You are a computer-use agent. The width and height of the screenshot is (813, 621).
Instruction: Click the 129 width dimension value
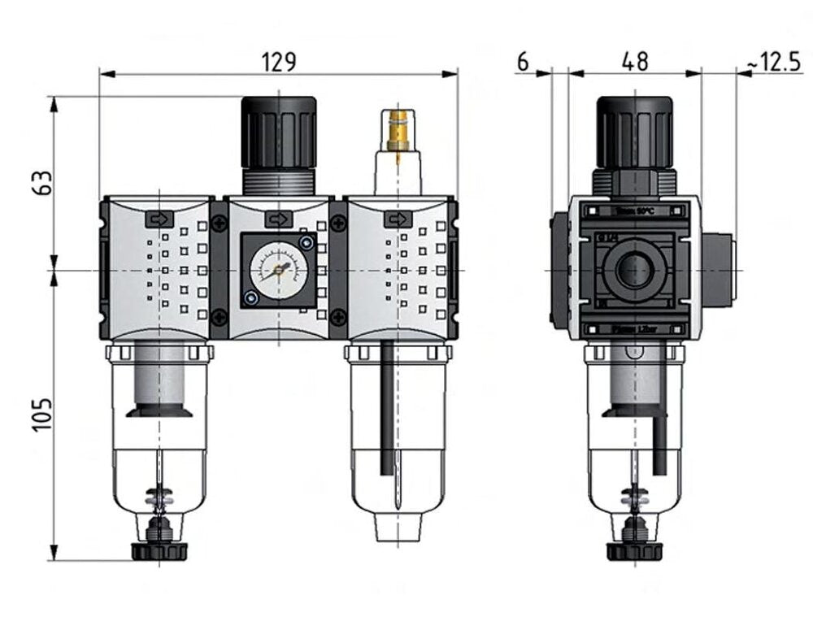tap(279, 62)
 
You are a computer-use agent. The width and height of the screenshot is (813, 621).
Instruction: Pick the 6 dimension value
tap(523, 62)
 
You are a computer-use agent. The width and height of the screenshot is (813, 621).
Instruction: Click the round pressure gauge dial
tap(278, 270)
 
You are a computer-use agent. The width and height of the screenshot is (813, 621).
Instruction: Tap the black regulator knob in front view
tap(279, 132)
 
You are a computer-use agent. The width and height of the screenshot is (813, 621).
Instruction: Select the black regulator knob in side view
tap(634, 132)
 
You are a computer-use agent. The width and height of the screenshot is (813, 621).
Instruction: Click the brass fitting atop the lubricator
tap(397, 130)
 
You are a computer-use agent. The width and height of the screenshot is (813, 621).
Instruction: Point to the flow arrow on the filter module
tap(159, 219)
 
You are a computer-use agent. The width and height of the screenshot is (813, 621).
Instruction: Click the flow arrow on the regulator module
tap(278, 219)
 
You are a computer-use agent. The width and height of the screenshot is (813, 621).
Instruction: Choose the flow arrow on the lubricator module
tap(397, 219)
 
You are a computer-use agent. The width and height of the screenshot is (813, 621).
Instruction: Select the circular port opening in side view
tap(633, 271)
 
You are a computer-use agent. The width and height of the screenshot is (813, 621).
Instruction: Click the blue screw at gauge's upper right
tap(306, 242)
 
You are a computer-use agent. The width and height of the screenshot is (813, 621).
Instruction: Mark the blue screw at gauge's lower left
tap(251, 299)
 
